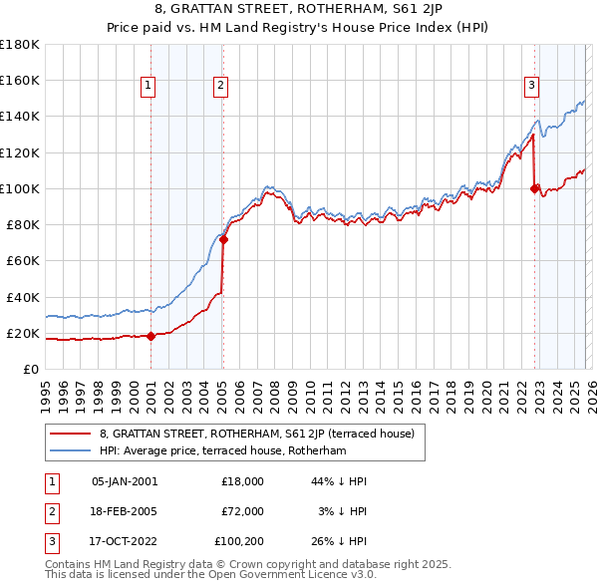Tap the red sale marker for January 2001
pos(150,336)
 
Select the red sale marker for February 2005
pos(223,239)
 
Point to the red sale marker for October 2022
pos(535,188)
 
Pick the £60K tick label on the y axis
pos(23,260)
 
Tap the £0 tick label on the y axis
pos(32,369)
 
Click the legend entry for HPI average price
pos(222,451)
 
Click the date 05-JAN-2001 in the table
pos(124,480)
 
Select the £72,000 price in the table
pos(242,511)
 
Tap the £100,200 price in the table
pos(239,542)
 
